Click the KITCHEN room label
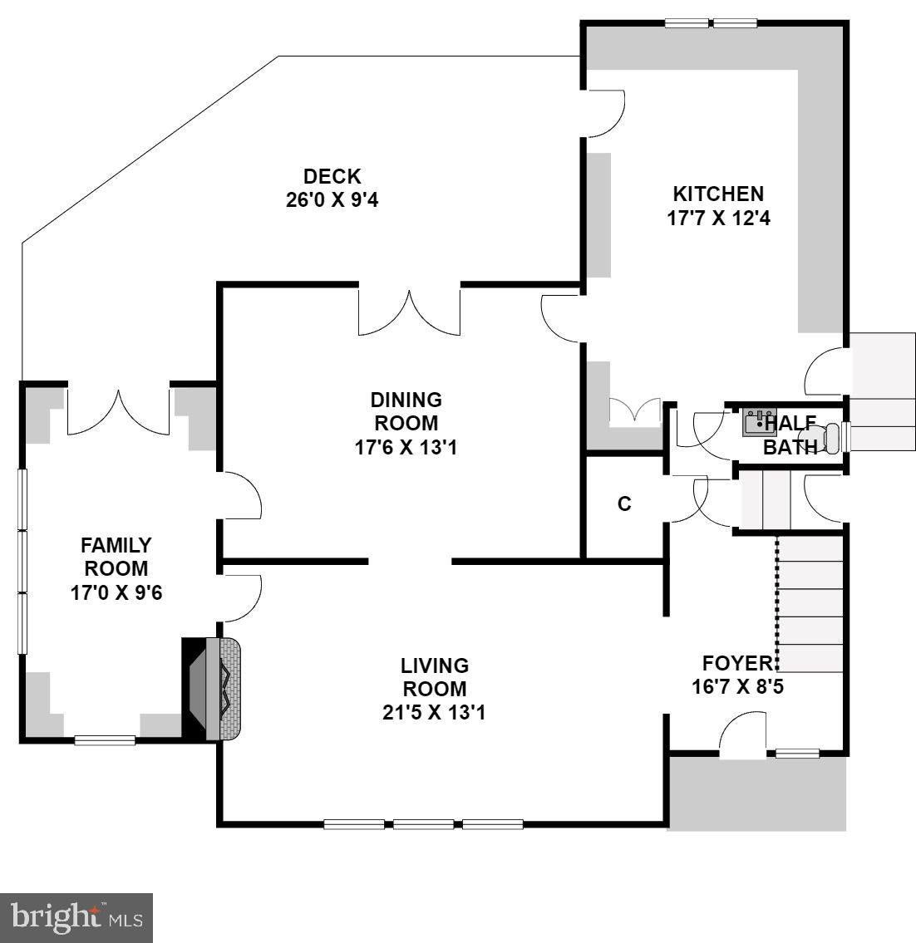click(x=718, y=194)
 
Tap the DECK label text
click(x=332, y=176)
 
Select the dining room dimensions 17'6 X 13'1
click(x=406, y=448)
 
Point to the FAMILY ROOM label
click(x=116, y=557)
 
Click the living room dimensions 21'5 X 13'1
click(x=433, y=713)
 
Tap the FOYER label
click(x=737, y=663)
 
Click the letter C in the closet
click(x=624, y=503)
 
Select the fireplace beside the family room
click(x=212, y=689)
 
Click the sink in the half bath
click(x=760, y=421)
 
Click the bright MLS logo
click(x=76, y=918)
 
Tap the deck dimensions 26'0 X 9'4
click(x=332, y=199)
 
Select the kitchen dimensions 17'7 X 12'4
click(x=719, y=218)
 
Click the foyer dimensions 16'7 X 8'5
click(x=738, y=686)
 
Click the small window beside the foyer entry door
click(x=797, y=753)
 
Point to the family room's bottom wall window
click(x=105, y=740)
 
